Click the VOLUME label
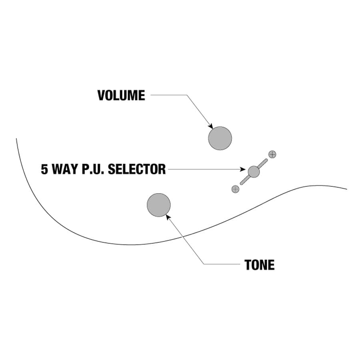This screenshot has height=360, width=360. [x=121, y=95]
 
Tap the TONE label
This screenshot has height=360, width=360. [x=260, y=265]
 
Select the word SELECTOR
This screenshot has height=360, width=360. [x=137, y=169]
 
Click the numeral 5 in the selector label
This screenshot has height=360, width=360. [x=44, y=169]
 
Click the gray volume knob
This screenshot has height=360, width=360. [x=220, y=138]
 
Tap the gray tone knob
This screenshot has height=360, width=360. [x=159, y=205]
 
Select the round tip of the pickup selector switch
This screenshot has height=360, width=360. [x=254, y=172]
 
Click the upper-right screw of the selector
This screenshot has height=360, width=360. [x=272, y=154]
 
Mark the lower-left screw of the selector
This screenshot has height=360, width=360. [x=235, y=189]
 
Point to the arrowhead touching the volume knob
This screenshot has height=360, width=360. [x=211, y=126]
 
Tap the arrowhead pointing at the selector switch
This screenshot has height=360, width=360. [x=244, y=170]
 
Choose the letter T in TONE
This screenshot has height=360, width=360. [x=248, y=265]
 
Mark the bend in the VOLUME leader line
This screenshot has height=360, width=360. [x=186, y=95]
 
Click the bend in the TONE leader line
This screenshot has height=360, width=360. [x=204, y=264]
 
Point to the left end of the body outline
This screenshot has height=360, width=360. [x=16, y=139]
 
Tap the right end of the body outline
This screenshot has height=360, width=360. [x=346, y=189]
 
